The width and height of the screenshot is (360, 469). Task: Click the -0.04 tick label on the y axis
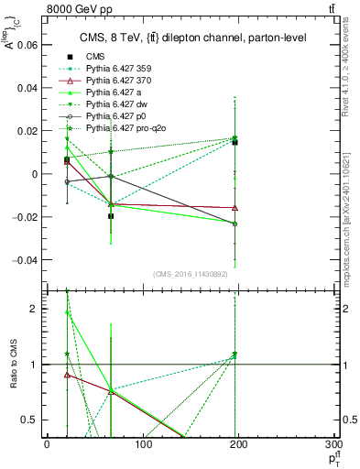27,259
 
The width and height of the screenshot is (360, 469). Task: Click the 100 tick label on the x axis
142,445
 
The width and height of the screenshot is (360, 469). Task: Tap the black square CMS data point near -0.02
111,216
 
